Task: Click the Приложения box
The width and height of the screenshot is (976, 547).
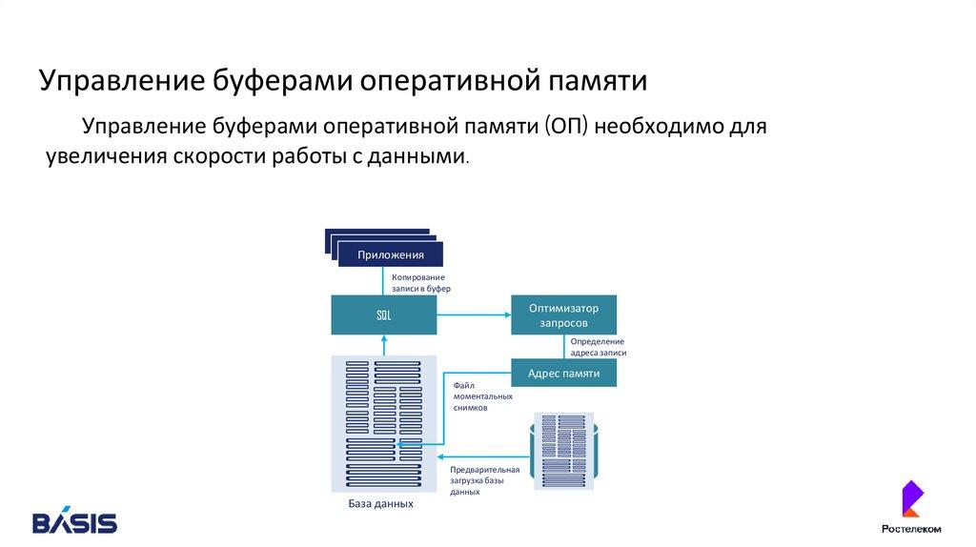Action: click(x=390, y=254)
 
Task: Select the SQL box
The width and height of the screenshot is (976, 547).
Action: click(x=383, y=315)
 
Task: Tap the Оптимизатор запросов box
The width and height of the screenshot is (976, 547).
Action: click(x=563, y=315)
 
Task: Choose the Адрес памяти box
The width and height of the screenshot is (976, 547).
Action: click(x=563, y=373)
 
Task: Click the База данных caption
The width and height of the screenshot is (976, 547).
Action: click(x=380, y=503)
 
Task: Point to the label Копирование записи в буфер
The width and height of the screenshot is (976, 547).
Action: click(x=420, y=282)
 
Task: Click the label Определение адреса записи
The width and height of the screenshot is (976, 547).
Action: click(x=598, y=347)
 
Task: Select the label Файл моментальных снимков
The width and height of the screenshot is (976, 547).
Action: click(x=482, y=395)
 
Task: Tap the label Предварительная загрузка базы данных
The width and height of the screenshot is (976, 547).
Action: click(x=484, y=481)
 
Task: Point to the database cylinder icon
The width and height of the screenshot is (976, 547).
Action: click(x=563, y=452)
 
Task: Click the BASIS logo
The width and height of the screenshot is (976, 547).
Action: click(x=74, y=522)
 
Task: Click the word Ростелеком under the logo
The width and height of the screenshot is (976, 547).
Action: click(x=910, y=529)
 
